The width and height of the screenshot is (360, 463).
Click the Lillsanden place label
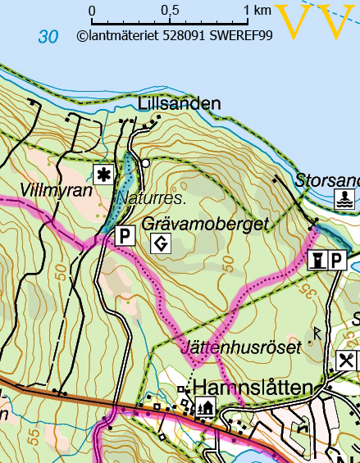pos(180,103)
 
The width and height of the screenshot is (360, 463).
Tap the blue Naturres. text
pos(153,198)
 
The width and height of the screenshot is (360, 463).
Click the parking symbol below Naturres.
pos(124,236)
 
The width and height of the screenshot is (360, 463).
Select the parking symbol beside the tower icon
pos(337,261)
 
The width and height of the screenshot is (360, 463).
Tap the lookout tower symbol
pos(317,261)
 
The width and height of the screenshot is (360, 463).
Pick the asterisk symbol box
pos(103,174)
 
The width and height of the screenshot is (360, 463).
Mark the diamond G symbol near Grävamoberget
pos(161,243)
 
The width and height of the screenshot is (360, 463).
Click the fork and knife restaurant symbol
pos(347,360)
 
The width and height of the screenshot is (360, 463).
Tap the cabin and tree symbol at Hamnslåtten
pos(203,406)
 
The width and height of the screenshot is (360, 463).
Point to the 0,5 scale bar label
pos(170,11)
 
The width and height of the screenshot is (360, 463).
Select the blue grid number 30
pos(48,37)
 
